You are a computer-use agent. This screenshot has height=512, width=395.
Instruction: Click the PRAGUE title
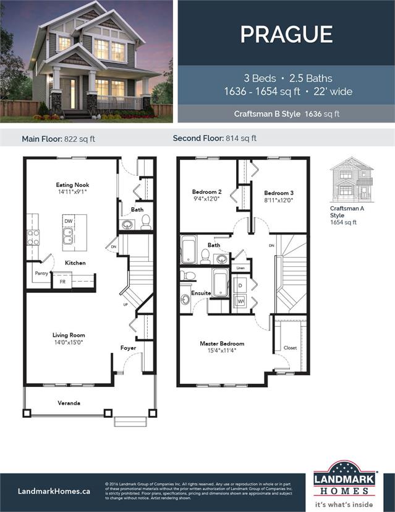tap(286, 34)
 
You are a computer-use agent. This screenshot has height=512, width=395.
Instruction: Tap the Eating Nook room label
tap(73, 185)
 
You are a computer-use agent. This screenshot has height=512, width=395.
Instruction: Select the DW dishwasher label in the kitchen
tap(67, 220)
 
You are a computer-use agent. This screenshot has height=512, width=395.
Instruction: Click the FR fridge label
tap(62, 281)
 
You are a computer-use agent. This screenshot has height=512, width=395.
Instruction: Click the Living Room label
tap(68, 335)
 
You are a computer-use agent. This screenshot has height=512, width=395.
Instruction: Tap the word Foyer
tap(128, 348)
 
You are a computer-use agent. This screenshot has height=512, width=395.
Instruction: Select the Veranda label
tap(69, 403)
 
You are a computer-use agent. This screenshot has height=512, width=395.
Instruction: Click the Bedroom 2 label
tap(206, 192)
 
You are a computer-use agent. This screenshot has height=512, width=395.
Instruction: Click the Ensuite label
tap(201, 293)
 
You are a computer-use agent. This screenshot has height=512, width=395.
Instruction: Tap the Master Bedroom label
tap(222, 344)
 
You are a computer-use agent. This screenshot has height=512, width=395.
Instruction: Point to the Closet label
tap(291, 348)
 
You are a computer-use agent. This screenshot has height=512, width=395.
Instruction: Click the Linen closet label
tap(240, 268)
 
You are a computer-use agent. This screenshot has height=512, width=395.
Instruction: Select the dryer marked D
tap(241, 285)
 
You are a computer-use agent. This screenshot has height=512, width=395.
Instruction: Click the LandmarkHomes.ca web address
tap(54, 490)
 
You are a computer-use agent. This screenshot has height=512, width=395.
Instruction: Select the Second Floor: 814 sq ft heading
tap(214, 139)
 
